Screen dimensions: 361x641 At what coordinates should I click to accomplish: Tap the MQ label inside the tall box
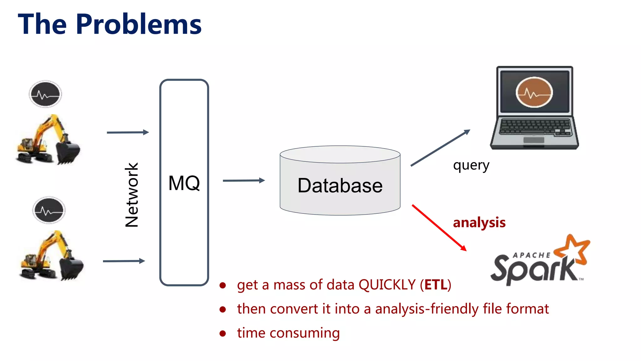(184, 183)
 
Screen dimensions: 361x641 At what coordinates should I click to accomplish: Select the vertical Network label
(132, 195)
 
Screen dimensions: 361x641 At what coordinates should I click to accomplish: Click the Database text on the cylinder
(340, 186)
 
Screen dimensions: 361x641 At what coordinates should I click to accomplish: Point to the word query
(471, 165)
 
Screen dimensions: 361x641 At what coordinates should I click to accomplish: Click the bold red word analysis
(479, 222)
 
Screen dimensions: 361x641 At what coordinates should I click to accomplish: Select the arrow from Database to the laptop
(440, 148)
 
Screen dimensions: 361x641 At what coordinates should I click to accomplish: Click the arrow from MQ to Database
(244, 180)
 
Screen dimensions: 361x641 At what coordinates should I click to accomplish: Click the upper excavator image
(49, 140)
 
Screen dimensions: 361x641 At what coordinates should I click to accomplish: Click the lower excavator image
(52, 256)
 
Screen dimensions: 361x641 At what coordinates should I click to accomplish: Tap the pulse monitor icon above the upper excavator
(45, 94)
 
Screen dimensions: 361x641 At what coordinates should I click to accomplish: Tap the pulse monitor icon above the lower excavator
(49, 210)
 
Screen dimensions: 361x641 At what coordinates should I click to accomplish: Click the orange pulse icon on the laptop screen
(534, 92)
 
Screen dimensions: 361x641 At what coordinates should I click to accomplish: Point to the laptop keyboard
(535, 127)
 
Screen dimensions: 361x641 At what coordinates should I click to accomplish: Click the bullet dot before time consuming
(223, 333)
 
